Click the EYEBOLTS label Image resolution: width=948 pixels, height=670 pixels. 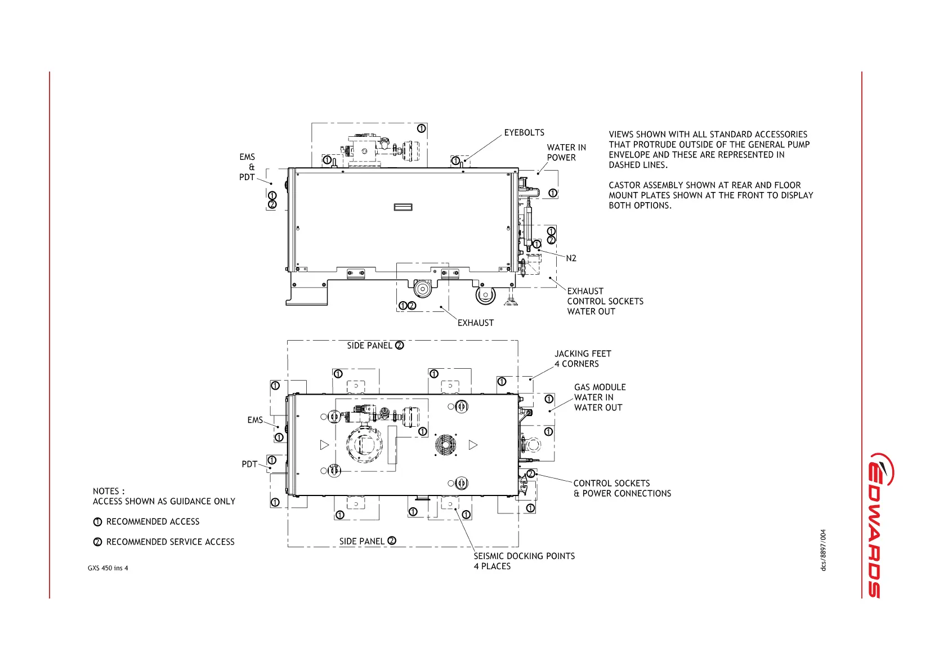pos(524,133)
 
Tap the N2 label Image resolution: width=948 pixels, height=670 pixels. pos(571,258)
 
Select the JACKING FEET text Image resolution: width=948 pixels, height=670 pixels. pos(583,354)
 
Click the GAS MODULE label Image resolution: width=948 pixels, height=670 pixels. pos(600,387)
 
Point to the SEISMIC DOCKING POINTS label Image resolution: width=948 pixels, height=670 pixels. pos(524,556)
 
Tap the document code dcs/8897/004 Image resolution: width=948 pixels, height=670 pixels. pos(823,550)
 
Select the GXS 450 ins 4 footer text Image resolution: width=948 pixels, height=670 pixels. pos(108,568)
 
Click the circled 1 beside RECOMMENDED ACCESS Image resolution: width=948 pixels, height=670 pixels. pos(97,522)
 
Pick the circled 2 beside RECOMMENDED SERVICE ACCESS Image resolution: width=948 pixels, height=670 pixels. pos(97,542)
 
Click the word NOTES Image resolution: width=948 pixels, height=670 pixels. pos(106,492)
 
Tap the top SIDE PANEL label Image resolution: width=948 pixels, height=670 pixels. pos(369,346)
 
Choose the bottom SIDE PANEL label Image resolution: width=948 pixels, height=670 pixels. pos(361,542)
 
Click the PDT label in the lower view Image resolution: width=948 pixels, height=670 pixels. pos(249,464)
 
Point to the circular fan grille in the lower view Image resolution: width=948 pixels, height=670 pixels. pos(445,445)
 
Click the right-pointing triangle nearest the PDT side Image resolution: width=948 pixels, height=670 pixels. pos(324,445)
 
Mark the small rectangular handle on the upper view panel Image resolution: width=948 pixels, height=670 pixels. pos(403,207)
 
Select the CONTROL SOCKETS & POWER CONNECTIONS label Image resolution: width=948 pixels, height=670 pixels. pos(621,489)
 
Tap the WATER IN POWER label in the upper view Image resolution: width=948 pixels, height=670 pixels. pos(566,153)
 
